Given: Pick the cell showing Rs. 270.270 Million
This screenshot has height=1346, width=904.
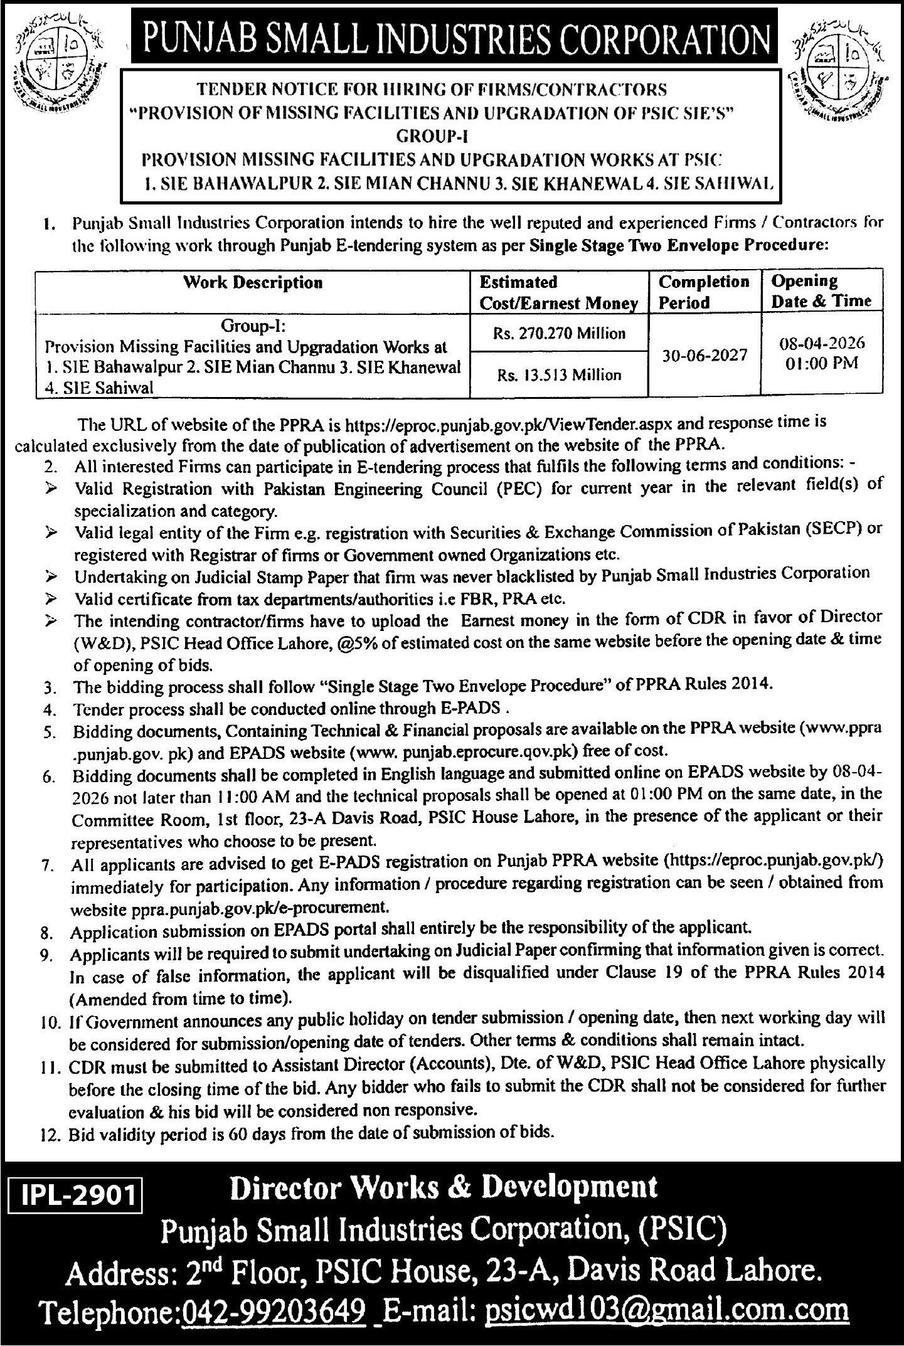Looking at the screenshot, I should [x=560, y=333].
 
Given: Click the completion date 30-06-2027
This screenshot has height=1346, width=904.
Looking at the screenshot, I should [x=705, y=355].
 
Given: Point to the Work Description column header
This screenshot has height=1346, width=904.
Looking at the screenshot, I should [x=253, y=282].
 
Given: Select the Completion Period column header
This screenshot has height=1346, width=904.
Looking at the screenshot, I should [x=704, y=292].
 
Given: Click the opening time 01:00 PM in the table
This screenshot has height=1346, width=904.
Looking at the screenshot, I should [x=821, y=363].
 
